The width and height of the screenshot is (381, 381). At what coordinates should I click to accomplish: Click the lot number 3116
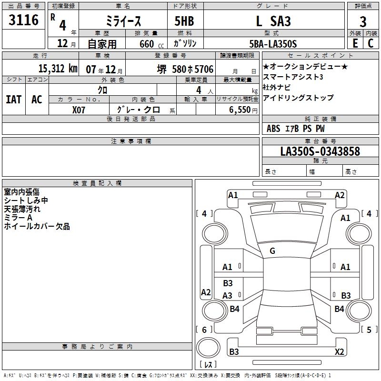point(23,20)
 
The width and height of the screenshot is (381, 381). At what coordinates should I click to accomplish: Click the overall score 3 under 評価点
point(363,22)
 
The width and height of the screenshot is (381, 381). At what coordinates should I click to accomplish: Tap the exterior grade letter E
point(355,43)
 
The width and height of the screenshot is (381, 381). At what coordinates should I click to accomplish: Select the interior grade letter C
point(371,43)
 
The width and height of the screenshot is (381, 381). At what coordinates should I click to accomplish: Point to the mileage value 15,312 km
point(58,69)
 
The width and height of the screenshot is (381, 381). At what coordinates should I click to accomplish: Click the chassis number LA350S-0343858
point(320,151)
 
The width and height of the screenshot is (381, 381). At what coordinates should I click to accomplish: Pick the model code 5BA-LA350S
point(273,44)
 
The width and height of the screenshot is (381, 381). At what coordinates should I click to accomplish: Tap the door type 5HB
point(184,21)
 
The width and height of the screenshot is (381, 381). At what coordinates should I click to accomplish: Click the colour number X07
point(79,110)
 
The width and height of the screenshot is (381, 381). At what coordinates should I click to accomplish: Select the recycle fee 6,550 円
point(243,110)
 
